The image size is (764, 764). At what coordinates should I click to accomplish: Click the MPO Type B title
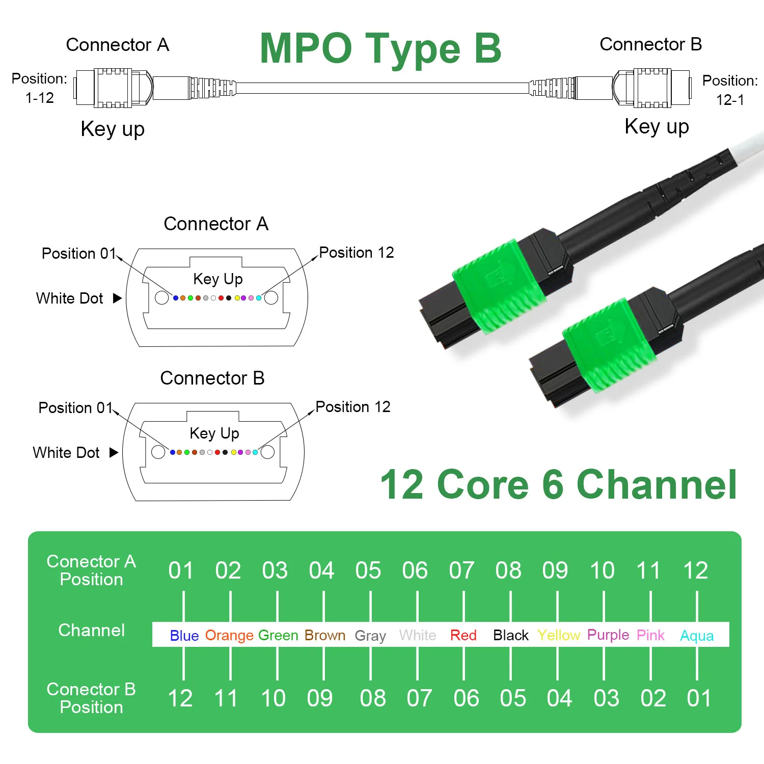tap(380, 49)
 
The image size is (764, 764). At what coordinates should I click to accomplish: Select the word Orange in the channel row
tap(229, 635)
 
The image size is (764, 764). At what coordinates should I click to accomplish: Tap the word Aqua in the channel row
tap(697, 636)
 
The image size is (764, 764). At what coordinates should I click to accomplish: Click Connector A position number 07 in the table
tap(461, 570)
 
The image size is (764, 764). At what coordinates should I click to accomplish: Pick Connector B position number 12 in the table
tap(180, 698)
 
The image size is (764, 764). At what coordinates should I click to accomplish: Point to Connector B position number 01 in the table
tap(699, 698)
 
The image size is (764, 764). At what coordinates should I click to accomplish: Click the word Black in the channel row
tap(510, 635)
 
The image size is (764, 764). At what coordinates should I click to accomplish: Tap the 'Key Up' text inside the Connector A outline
tap(218, 279)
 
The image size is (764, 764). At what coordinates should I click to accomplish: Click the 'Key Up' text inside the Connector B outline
tap(214, 433)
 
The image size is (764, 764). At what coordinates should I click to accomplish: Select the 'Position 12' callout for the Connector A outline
tap(357, 253)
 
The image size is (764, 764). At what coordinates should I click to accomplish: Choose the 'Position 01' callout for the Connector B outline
tap(75, 408)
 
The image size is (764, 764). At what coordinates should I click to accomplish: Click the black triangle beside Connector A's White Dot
tap(117, 298)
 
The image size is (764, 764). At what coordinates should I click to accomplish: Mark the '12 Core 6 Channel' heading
tap(558, 484)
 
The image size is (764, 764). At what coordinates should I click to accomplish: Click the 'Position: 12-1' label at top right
tap(730, 90)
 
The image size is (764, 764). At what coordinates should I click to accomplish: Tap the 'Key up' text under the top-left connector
tap(113, 129)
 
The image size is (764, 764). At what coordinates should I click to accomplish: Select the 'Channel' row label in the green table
tap(92, 630)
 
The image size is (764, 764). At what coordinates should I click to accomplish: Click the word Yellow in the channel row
tap(559, 635)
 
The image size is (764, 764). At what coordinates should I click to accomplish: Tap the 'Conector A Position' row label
tap(92, 570)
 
